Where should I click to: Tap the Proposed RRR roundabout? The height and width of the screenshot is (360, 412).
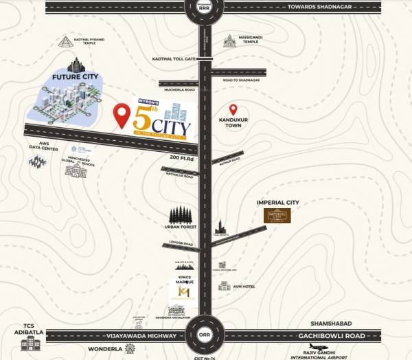tap(205, 9)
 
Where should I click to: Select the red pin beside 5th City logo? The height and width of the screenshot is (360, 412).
tap(122, 116)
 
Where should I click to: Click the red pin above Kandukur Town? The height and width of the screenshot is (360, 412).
tap(233, 110)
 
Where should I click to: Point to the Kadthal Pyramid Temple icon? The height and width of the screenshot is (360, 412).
tap(66, 41)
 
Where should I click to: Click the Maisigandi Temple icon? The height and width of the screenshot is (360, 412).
tap(229, 41)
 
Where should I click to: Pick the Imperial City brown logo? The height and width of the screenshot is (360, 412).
tap(278, 216)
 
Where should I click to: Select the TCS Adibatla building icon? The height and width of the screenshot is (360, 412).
tap(30, 342)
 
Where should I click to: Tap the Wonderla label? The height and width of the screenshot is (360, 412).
tap(104, 349)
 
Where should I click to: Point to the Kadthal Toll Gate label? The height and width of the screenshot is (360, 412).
tap(174, 59)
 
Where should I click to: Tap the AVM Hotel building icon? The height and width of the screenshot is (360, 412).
tap(224, 285)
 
